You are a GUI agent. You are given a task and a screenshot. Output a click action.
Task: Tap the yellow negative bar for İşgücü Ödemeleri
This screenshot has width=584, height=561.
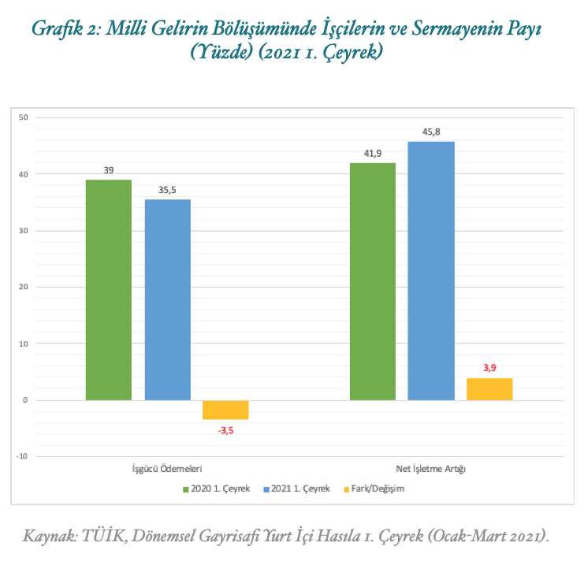(225, 410)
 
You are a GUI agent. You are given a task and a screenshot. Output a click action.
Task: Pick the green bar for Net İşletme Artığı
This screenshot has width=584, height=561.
(373, 281)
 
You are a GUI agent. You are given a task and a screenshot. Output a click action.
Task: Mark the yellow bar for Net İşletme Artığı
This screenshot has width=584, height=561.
(489, 389)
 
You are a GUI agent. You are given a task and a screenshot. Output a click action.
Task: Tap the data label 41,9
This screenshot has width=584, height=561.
(373, 154)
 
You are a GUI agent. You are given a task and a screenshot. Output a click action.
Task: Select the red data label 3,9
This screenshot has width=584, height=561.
(489, 368)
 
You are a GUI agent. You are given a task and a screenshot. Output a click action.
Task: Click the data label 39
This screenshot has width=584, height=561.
(109, 170)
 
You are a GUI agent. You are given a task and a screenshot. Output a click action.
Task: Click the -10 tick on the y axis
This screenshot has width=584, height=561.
(22, 456)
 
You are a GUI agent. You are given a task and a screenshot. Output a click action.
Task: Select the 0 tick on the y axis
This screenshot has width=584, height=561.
(25, 400)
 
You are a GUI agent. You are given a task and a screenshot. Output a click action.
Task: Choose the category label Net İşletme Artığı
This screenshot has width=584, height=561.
(430, 470)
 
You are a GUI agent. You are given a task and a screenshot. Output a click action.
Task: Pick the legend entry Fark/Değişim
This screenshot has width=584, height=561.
(378, 489)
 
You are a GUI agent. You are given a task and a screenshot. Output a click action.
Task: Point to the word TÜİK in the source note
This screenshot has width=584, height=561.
(114, 537)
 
